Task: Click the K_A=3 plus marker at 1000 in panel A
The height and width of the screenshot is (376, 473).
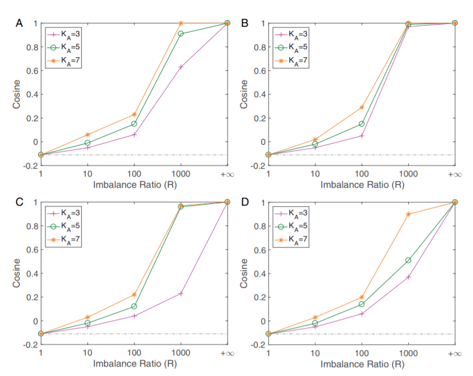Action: tap(181, 67)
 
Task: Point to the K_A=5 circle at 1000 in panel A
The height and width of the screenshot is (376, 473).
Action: tap(181, 34)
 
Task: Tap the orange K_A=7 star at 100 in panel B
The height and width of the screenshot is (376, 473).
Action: tap(361, 107)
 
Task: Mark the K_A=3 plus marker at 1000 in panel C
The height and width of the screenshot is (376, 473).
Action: tap(181, 293)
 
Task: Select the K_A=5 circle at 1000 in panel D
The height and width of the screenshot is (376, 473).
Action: tap(408, 260)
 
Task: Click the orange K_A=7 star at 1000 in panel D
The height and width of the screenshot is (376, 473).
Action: tap(408, 214)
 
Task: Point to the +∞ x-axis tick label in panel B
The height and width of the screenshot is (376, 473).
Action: tap(455, 175)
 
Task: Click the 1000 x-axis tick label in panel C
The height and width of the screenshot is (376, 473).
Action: tap(181, 354)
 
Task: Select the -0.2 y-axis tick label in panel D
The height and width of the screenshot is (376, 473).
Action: tap(257, 345)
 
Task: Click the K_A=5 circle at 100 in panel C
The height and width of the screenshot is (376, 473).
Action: tap(134, 306)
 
